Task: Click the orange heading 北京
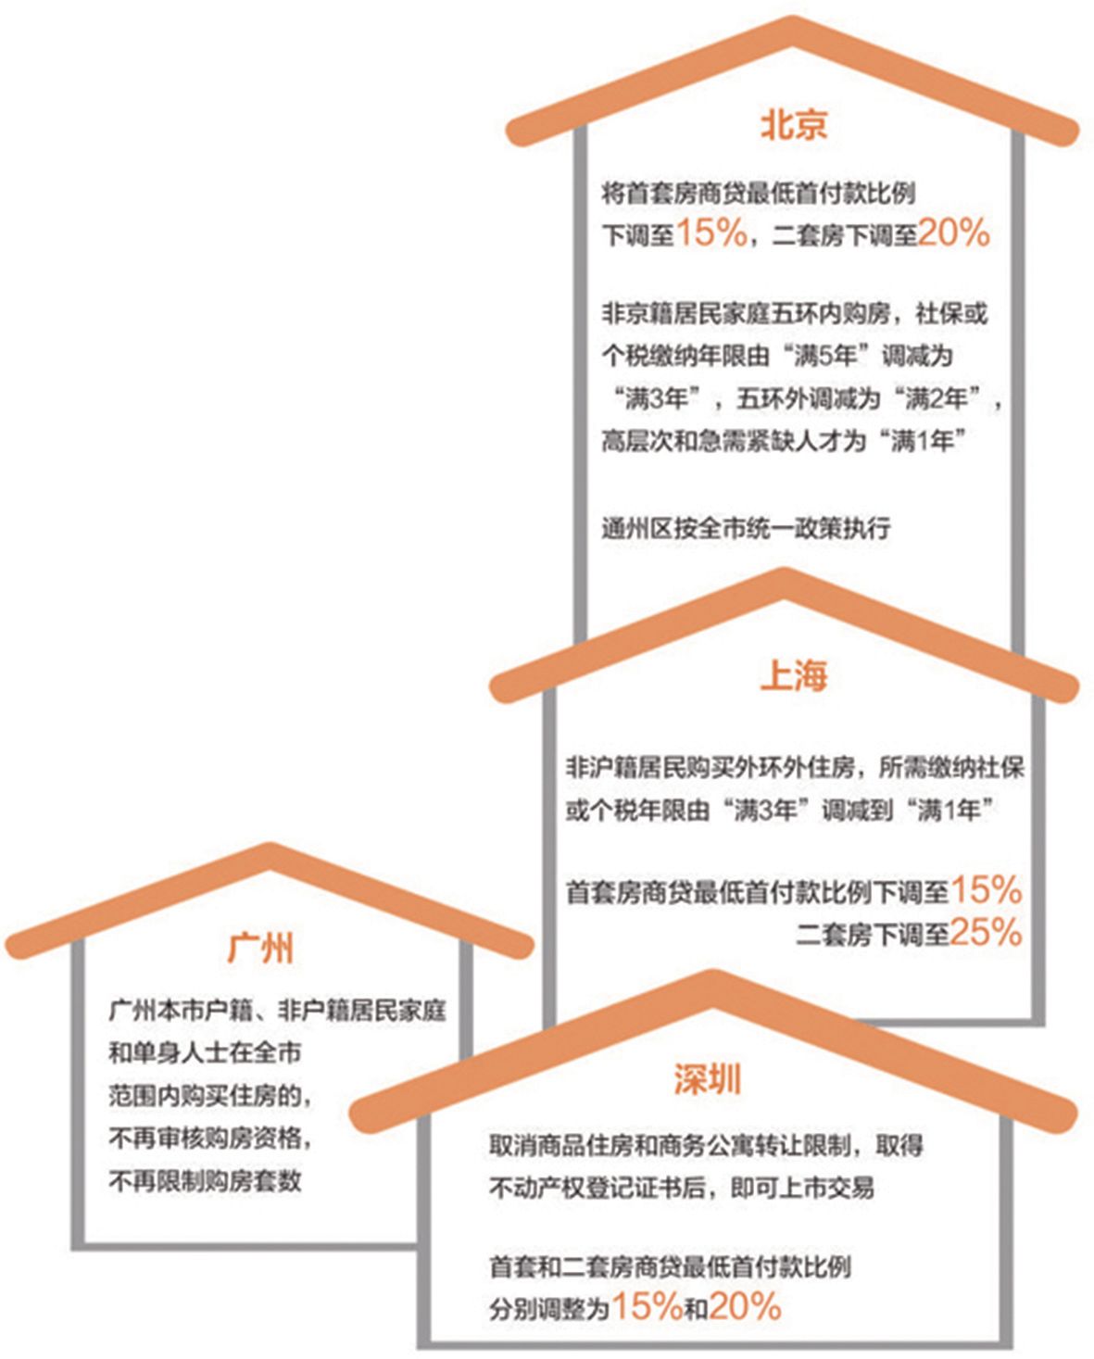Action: pos(793,124)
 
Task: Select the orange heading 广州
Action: pos(260,948)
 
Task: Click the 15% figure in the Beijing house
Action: pos(712,233)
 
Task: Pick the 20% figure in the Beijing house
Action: pos(954,233)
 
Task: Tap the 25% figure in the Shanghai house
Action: pos(986,932)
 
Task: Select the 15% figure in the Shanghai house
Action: pos(986,890)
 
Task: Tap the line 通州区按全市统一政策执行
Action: pos(746,528)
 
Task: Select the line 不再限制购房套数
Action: pos(205,1181)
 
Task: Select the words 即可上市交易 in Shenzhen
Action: pos(802,1189)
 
